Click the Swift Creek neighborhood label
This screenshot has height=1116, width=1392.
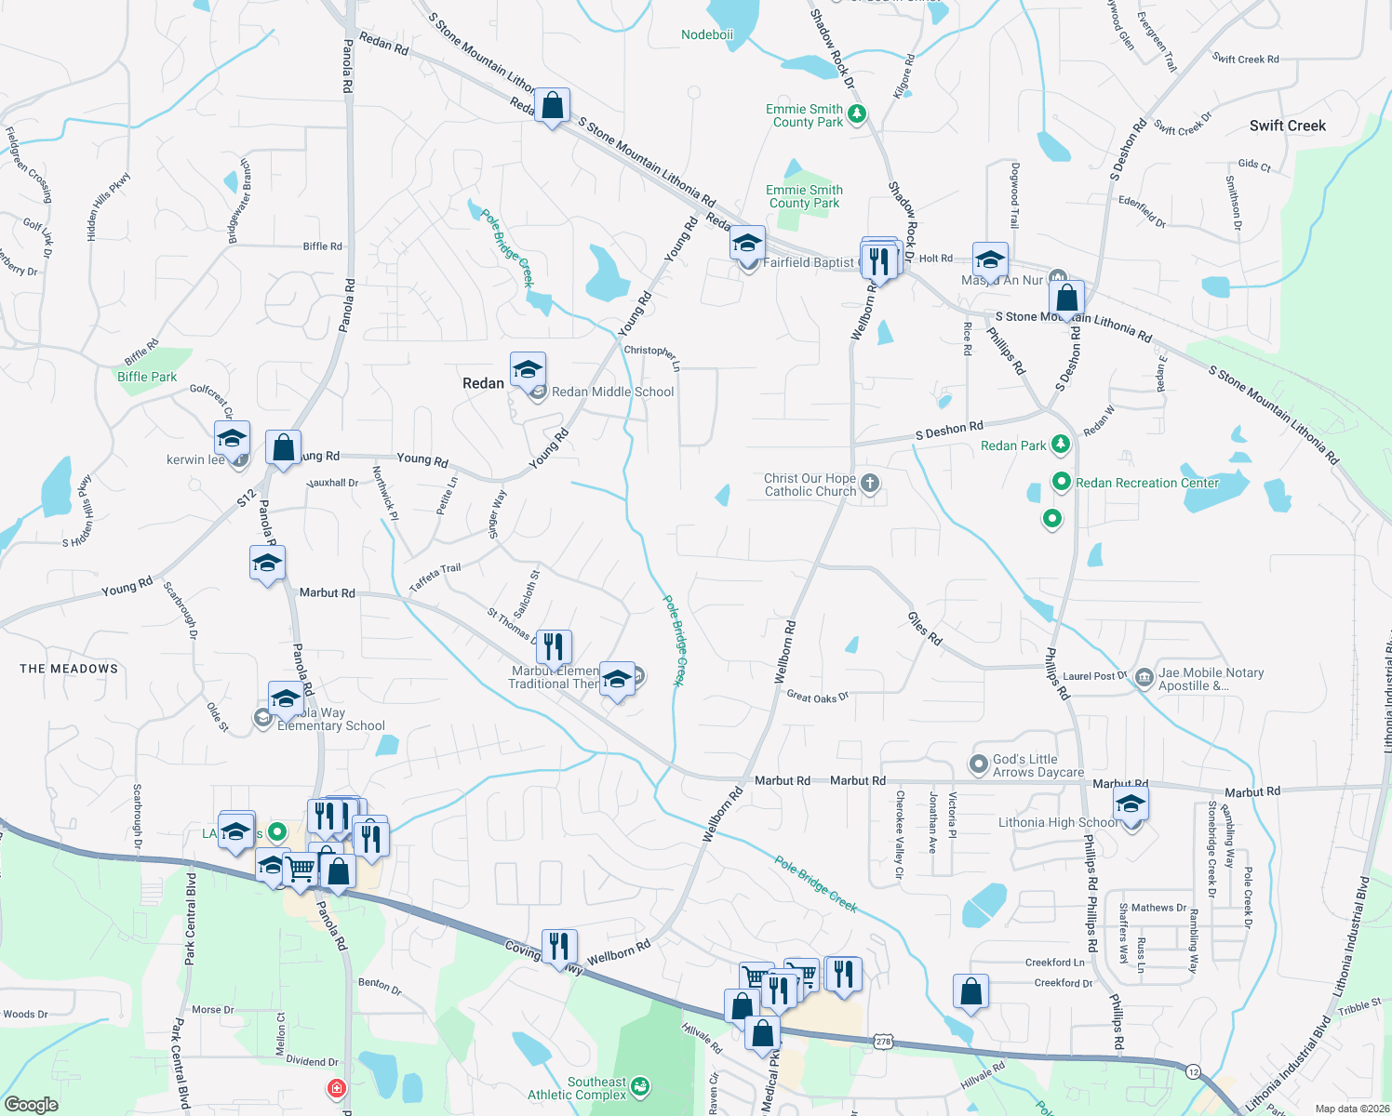1287,126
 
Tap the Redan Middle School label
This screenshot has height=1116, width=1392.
612,392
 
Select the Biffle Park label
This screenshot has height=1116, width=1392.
147,377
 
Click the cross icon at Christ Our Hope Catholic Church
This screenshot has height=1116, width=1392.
869,483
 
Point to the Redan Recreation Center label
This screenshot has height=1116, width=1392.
1146,483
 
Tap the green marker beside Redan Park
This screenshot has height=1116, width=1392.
1060,445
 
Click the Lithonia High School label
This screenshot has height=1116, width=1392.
1058,822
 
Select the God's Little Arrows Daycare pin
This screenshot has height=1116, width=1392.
978,764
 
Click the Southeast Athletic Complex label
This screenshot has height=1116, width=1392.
577,1088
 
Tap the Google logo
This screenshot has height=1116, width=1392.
32,1104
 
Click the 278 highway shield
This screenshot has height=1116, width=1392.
883,1042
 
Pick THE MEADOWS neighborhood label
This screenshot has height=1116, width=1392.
69,669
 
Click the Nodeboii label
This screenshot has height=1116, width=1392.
707,34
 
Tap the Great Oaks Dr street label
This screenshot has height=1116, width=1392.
818,697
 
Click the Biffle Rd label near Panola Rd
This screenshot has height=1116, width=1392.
322,246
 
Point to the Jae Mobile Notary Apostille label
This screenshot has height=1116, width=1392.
1211,679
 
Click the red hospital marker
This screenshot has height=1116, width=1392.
336,1087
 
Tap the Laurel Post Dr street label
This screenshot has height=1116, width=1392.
1094,676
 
